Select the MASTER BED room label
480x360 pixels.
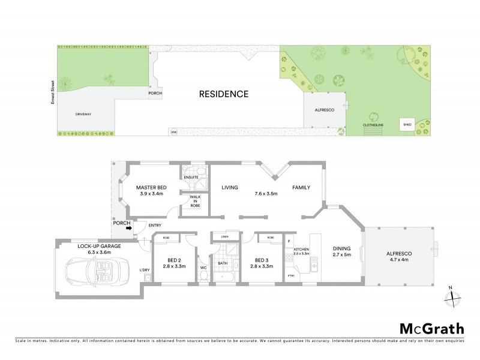point(151,188)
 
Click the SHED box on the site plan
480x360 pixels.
point(407,125)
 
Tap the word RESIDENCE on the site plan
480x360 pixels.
point(223,94)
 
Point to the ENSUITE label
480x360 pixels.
point(192,178)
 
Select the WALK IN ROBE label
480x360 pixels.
point(195,201)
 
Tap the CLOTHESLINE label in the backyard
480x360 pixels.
point(373,125)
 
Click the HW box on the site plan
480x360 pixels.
point(174,131)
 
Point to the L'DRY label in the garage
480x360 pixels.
point(144,269)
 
